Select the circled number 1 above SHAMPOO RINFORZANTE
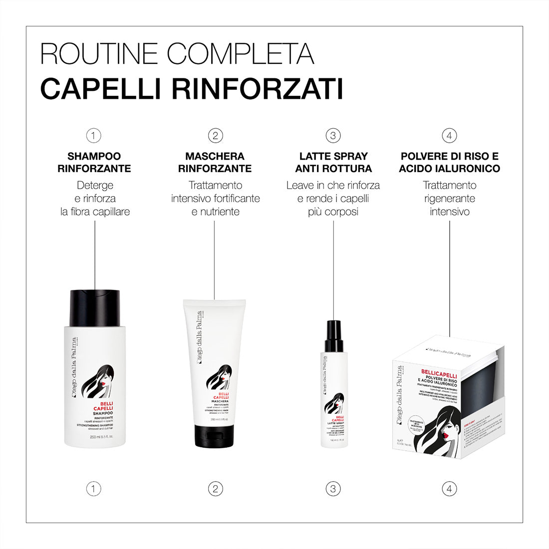point(93,135)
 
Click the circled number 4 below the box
point(449,489)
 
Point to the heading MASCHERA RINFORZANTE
point(215,162)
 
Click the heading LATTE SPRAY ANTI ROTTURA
point(333,162)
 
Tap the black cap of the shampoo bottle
point(95,305)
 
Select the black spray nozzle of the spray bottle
point(333,332)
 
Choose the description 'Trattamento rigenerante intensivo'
point(449,198)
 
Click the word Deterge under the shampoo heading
point(95,185)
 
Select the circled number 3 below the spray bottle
point(333,489)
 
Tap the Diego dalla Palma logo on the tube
point(200,339)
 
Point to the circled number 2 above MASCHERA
point(215,135)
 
